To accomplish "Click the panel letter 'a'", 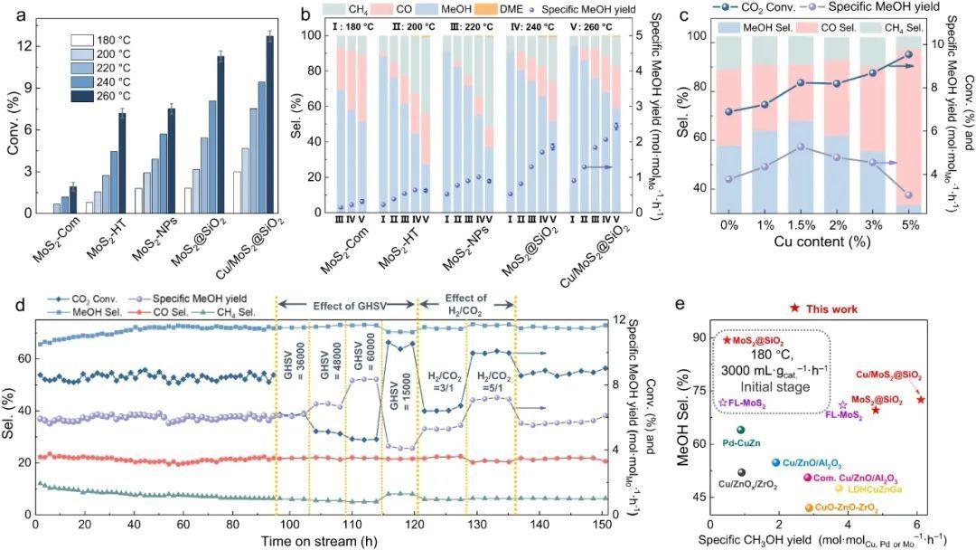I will point(12,13).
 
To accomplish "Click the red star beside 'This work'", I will point(793,309).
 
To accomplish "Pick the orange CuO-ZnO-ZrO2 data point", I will point(809,508).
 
